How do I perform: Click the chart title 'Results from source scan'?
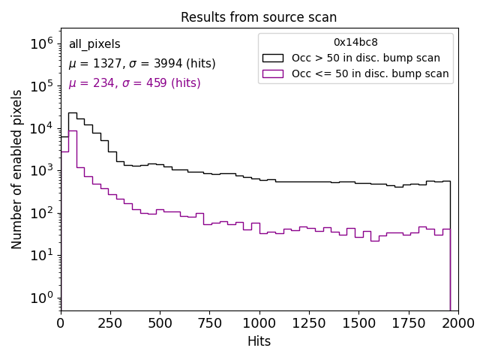(x=259, y=17)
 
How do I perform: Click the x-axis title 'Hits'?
(x=259, y=341)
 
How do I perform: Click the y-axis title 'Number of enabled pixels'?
(x=17, y=169)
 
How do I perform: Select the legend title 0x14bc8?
(x=355, y=42)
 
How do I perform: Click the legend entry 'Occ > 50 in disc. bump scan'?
(x=366, y=58)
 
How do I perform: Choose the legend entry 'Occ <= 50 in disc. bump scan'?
(x=370, y=73)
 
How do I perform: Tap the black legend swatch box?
(x=272, y=58)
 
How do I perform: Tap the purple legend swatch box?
(x=272, y=73)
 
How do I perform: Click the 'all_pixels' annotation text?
(x=94, y=44)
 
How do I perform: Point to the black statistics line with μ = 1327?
(x=142, y=64)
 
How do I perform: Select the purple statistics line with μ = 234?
(x=134, y=83)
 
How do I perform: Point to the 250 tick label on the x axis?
(x=110, y=322)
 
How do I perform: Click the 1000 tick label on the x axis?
(x=259, y=322)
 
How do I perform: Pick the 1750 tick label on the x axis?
(x=408, y=322)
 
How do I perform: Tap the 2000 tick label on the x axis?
(x=457, y=322)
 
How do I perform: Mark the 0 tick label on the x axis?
(x=61, y=322)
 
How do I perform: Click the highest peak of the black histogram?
(x=72, y=112)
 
